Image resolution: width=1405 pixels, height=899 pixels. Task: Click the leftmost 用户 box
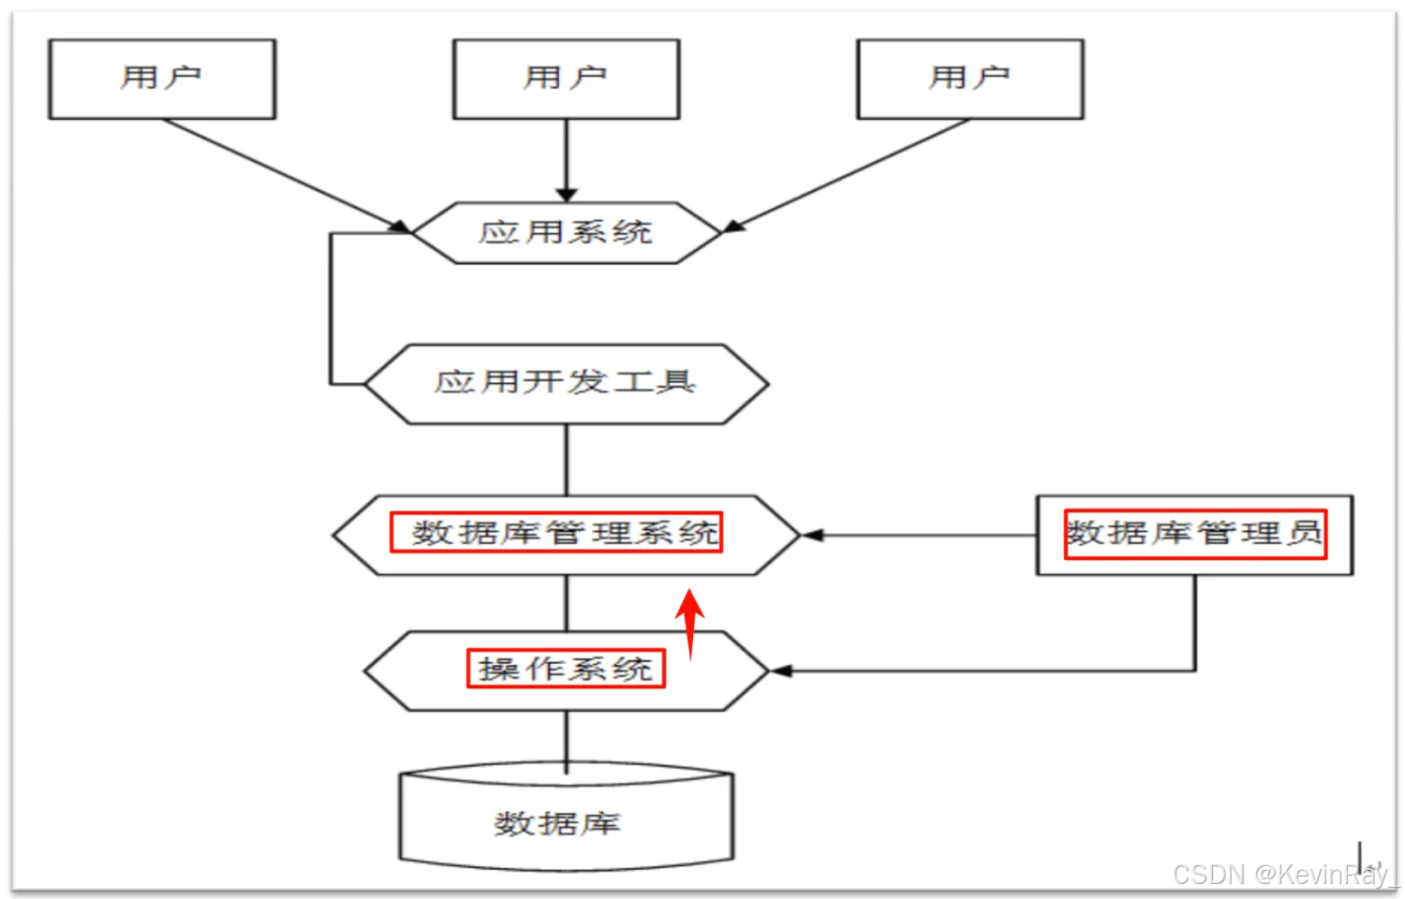[x=162, y=79]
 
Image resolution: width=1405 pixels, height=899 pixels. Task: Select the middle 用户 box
[x=566, y=79]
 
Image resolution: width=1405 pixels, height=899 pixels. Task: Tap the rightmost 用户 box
[x=969, y=79]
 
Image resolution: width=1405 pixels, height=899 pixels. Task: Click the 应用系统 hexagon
[x=566, y=232]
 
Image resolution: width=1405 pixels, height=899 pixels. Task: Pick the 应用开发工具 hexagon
[x=566, y=383]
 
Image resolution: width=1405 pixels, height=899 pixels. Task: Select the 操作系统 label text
[x=566, y=669]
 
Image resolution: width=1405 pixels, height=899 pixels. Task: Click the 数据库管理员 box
[x=1194, y=535]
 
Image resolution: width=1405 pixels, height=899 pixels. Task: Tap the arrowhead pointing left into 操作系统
[x=780, y=671]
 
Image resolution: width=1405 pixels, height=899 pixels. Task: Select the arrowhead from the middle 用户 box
[x=566, y=194]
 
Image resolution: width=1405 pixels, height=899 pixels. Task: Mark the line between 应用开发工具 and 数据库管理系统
[x=566, y=460]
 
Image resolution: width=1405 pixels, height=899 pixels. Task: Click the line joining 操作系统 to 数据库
[x=566, y=740]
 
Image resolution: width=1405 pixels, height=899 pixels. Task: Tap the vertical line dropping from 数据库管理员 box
[x=1194, y=623]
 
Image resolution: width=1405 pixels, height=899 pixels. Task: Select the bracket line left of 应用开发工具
[x=331, y=309]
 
